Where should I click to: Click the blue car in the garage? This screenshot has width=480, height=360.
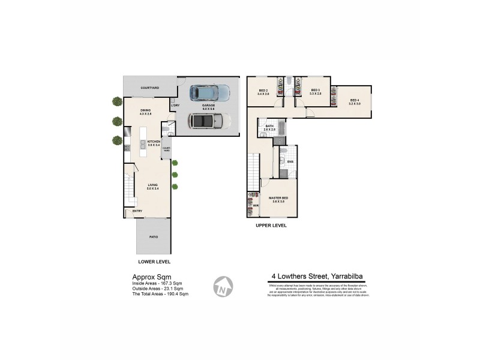pos(209,93)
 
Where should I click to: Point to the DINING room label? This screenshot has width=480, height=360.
pos(146,110)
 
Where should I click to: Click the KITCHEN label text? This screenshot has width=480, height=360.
pos(154,142)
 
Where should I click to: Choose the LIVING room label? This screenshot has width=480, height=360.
pos(153,186)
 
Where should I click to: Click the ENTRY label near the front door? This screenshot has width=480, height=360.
pos(137,211)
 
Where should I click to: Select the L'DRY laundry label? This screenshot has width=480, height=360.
pos(175,106)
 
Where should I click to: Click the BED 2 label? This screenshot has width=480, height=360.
pos(262,91)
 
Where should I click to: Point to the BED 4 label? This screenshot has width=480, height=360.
pos(354,101)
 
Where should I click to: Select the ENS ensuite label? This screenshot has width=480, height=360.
pos(290,161)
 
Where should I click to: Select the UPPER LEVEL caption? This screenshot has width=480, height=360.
pos(271,226)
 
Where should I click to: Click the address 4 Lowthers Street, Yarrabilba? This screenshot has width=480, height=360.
pos(317,277)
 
